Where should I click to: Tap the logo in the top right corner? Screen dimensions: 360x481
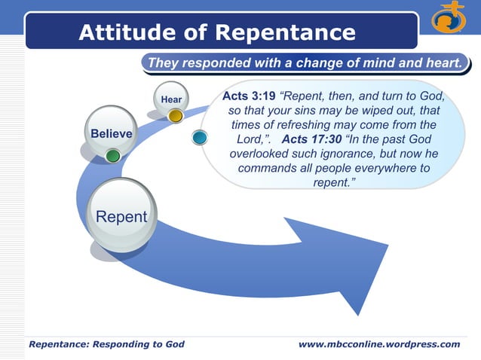pyautogui.click(x=448, y=20)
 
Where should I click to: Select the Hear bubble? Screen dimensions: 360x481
pyautogui.click(x=171, y=99)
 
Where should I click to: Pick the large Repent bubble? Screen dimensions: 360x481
pyautogui.click(x=121, y=217)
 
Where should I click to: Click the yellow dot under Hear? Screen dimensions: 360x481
pyautogui.click(x=175, y=116)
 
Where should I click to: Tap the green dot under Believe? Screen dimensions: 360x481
pyautogui.click(x=112, y=156)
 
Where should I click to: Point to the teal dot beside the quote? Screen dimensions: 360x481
pyautogui.click(x=200, y=138)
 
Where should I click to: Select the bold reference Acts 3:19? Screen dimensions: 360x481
pyautogui.click(x=249, y=96)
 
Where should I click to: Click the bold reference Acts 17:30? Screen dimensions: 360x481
pyautogui.click(x=311, y=139)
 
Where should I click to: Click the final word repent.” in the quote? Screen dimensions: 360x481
pyautogui.click(x=333, y=182)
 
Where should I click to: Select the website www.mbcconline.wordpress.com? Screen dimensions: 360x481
pyautogui.click(x=378, y=344)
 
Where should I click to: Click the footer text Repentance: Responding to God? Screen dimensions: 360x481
pyautogui.click(x=106, y=344)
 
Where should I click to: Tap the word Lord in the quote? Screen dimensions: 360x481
pyautogui.click(x=253, y=139)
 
